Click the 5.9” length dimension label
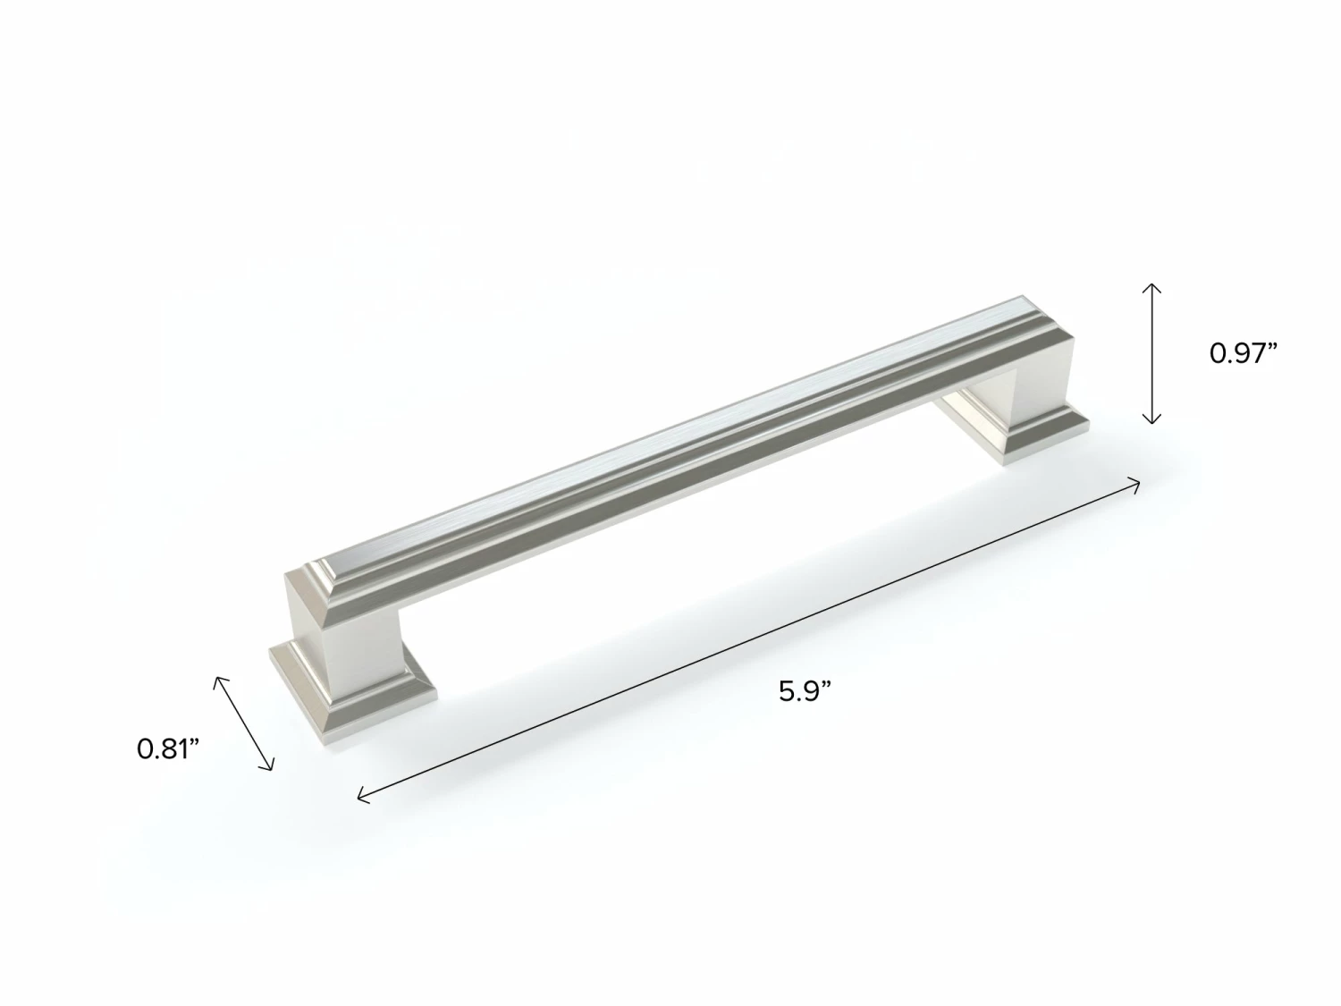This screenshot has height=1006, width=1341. pyautogui.click(x=805, y=692)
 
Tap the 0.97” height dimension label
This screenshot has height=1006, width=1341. pyautogui.click(x=1244, y=353)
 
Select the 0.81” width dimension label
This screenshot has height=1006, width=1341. pyautogui.click(x=168, y=748)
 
